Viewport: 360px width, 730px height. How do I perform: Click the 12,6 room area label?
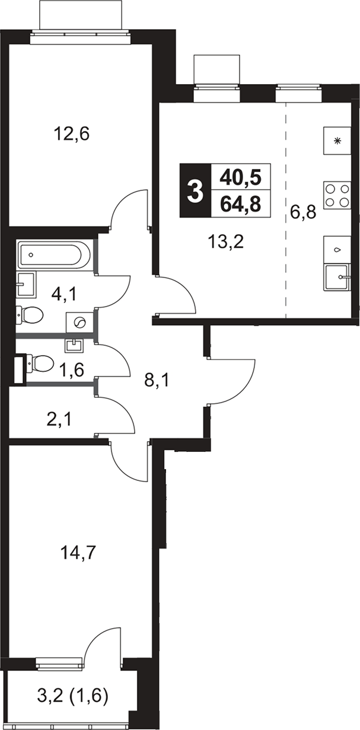click(72, 134)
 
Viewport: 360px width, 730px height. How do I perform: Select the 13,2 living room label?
click(226, 242)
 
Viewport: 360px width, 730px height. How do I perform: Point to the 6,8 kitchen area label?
click(303, 213)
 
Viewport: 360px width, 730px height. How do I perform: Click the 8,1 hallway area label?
click(157, 380)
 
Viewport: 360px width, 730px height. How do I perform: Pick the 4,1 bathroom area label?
click(64, 295)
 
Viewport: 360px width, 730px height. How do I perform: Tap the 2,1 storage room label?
click(59, 420)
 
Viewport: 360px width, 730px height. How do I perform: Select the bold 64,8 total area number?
click(241, 205)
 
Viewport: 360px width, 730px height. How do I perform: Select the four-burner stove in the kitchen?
click(337, 195)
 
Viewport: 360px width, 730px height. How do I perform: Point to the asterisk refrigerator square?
click(337, 141)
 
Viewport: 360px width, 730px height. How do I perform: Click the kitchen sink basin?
click(336, 278)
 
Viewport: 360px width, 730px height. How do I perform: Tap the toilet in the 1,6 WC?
click(40, 363)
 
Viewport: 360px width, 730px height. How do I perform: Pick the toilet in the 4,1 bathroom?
click(30, 315)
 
